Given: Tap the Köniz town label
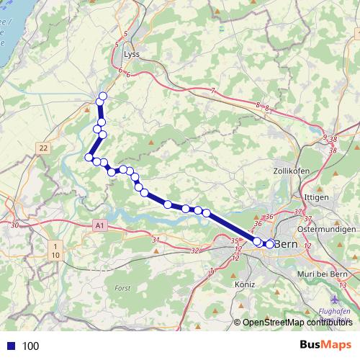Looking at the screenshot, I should pyautogui.click(x=245, y=284).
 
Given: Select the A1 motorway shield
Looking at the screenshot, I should pyautogui.click(x=99, y=226).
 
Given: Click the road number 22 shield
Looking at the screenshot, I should pyautogui.click(x=44, y=148).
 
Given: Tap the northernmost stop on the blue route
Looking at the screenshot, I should pyautogui.click(x=102, y=96).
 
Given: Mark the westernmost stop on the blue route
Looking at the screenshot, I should pyautogui.click(x=89, y=157).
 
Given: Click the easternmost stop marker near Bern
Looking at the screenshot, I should pyautogui.click(x=270, y=244).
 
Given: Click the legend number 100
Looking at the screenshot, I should pyautogui.click(x=30, y=346).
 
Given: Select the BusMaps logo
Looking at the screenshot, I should pyautogui.click(x=325, y=345).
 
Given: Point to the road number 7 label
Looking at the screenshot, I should pyautogui.click(x=212, y=90).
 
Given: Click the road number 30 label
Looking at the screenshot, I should pyautogui.click(x=14, y=225).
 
